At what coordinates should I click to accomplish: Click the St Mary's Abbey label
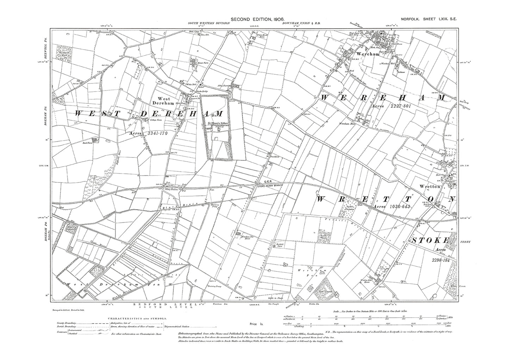(x=216, y=123)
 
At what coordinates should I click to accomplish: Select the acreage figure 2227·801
(x=398, y=106)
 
